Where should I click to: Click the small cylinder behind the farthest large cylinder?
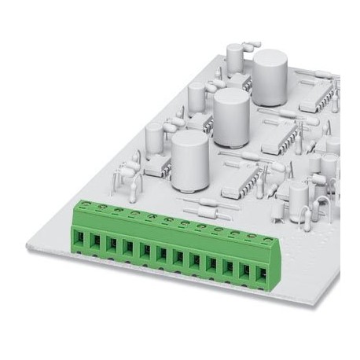(234, 55)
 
